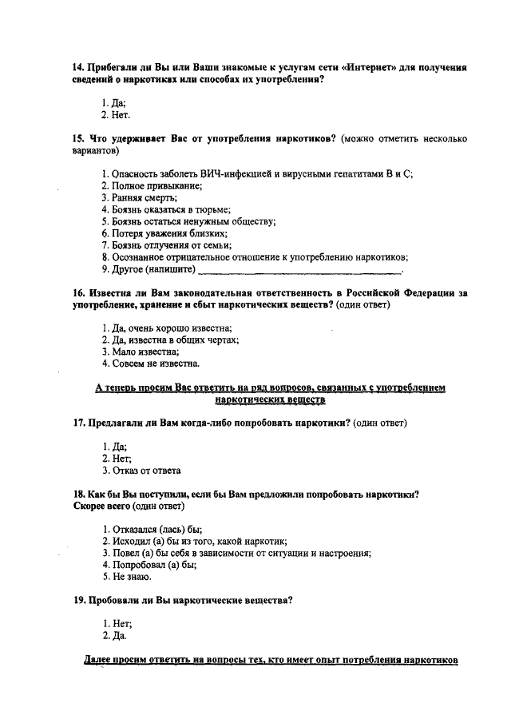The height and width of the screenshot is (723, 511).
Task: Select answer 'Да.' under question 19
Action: (115, 636)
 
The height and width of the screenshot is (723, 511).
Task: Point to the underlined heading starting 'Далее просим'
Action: (271, 661)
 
